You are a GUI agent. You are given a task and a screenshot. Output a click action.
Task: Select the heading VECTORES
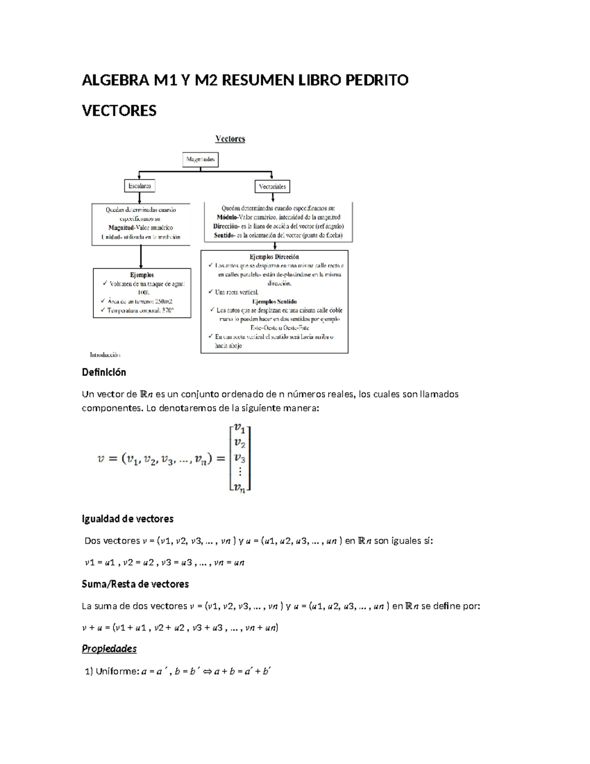tap(119, 111)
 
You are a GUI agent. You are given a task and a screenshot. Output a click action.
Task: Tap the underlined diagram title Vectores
tap(230, 139)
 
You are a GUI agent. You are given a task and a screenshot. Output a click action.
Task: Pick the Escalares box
tap(140, 186)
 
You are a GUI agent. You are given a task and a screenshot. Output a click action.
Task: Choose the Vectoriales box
tap(272, 186)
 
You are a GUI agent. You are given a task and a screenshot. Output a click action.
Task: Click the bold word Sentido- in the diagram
tap(226, 235)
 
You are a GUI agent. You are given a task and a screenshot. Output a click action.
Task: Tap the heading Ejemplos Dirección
tap(274, 257)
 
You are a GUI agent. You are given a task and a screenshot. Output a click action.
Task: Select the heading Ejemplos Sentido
tap(274, 302)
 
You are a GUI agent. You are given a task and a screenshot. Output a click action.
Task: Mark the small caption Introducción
tap(105, 354)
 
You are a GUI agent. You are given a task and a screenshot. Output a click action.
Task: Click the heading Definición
tap(104, 372)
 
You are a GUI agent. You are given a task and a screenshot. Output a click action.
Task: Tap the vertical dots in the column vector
tap(240, 472)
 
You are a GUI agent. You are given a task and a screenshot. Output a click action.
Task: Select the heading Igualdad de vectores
tap(127, 519)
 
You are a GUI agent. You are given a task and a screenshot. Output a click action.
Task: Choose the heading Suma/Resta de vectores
tap(135, 584)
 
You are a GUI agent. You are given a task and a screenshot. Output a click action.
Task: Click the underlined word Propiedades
tap(109, 649)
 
